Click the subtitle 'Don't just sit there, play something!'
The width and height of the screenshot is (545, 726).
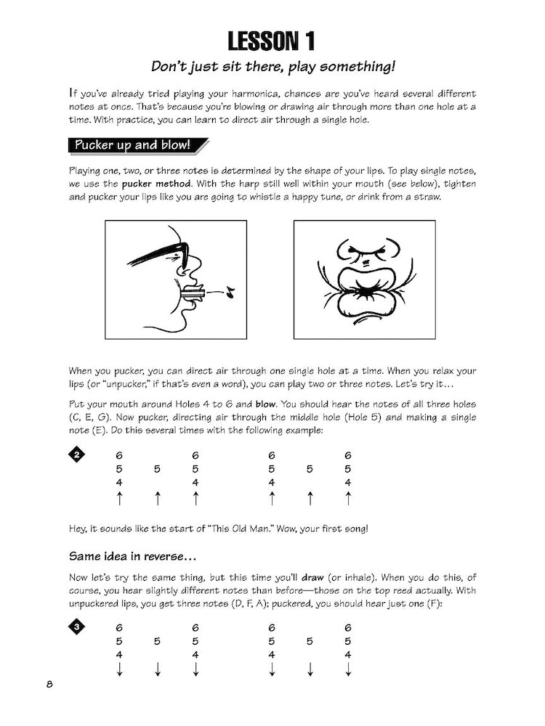272,67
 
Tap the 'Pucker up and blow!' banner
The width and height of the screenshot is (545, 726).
132,144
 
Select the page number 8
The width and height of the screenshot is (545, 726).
48,685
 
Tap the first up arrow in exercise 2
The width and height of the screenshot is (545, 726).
119,499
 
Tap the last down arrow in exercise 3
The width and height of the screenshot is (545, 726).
348,669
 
